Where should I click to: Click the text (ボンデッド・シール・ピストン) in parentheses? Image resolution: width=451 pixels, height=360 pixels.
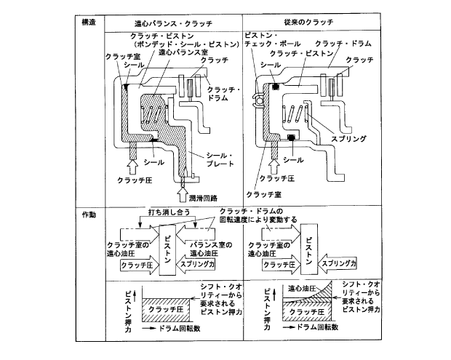(x=179, y=45)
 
